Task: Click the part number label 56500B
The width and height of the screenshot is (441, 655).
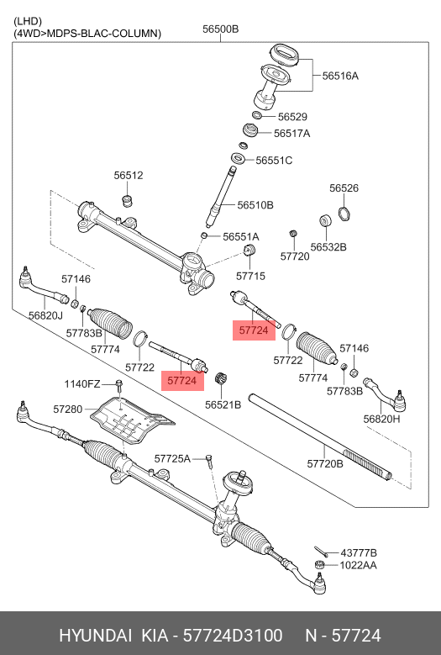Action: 220,29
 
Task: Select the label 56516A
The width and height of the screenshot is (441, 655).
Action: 340,76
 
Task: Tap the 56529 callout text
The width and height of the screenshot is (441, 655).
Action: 292,117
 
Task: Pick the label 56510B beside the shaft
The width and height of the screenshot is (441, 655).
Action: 255,204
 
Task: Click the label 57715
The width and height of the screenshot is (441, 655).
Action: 250,275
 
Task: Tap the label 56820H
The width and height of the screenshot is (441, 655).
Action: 381,418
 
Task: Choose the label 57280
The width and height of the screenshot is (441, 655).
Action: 68,409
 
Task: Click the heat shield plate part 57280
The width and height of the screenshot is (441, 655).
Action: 130,420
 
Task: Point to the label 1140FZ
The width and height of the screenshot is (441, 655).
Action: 82,384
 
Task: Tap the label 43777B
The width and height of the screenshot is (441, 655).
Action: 358,552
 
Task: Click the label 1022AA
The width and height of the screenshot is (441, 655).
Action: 358,566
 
